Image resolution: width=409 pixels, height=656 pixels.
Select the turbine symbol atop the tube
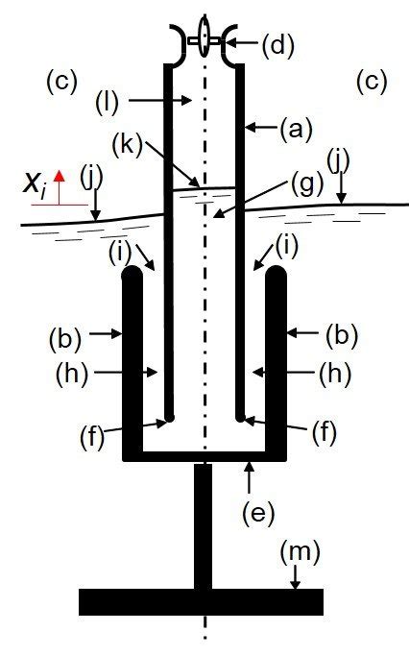[x=203, y=39]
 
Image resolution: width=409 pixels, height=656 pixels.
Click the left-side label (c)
[x=61, y=82]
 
